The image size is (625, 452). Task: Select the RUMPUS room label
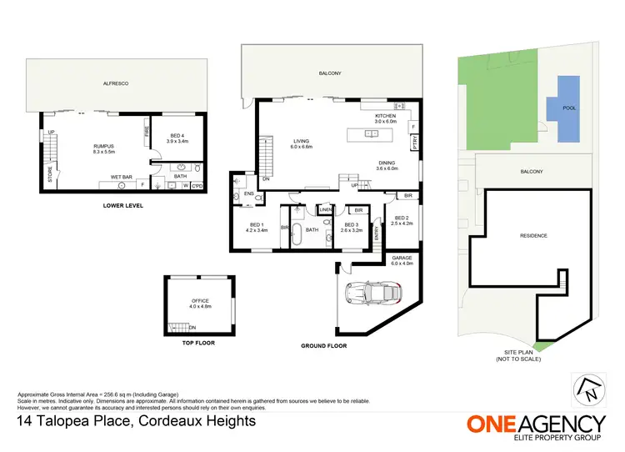click(x=103, y=147)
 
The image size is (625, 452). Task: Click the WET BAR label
click(x=122, y=177)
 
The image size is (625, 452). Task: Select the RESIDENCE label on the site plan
click(x=533, y=236)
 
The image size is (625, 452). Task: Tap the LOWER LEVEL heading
click(x=121, y=204)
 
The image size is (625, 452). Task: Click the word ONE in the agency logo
click(x=492, y=423)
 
